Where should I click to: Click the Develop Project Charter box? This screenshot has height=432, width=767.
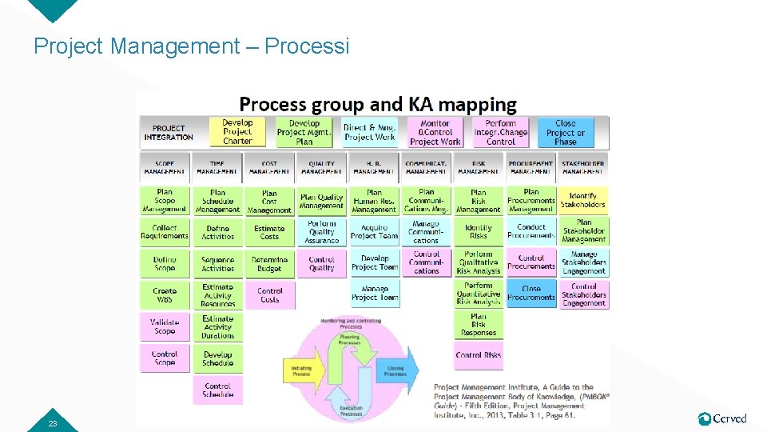tap(237, 132)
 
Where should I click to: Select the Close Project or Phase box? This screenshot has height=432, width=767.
tap(565, 132)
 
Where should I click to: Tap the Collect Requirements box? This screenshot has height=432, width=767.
tap(165, 232)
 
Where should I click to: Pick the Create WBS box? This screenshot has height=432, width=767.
tap(165, 295)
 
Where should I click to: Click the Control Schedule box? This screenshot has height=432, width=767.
tap(217, 390)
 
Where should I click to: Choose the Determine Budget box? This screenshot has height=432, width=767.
tap(269, 264)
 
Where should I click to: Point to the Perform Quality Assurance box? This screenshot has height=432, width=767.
tap(321, 232)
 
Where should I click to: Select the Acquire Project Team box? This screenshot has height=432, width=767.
tap(374, 232)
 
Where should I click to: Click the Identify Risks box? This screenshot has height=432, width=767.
tap(478, 232)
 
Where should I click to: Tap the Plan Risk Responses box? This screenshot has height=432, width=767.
tap(478, 324)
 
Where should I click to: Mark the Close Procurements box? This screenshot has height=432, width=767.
tap(531, 293)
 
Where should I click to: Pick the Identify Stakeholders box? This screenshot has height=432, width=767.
tap(583, 200)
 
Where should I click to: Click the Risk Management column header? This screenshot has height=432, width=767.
tap(478, 167)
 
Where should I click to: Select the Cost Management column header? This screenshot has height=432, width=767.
tap(269, 167)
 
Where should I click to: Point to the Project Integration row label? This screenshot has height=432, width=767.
tap(169, 132)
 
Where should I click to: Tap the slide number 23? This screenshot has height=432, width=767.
tap(53, 423)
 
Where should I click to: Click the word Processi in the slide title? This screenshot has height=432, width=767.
tap(307, 46)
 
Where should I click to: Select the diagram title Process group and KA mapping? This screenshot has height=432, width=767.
tap(378, 104)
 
